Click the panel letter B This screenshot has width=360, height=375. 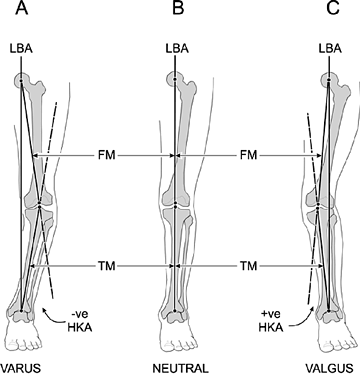(x=177, y=12)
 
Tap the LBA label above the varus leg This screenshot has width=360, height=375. (x=20, y=49)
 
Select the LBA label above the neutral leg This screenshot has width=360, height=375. (x=176, y=49)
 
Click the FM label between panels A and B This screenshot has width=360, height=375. (x=103, y=155)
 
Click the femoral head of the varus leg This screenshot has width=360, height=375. (x=21, y=79)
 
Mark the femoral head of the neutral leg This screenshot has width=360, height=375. (x=176, y=79)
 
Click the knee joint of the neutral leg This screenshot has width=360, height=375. (x=176, y=204)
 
